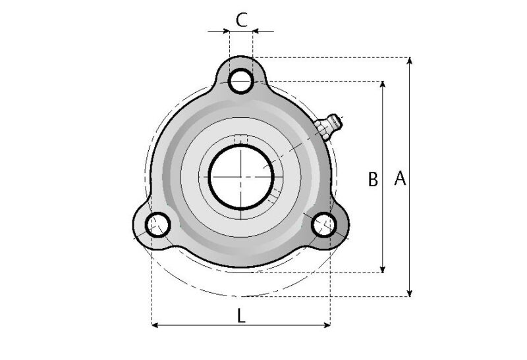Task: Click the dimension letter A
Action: pos(399,178)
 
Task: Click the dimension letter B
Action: pos(372,179)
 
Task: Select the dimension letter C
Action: pos(241,19)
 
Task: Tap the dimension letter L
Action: pos(241,316)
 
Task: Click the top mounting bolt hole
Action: pos(241,82)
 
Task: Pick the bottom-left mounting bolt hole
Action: pos(158,225)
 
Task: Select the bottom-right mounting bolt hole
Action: pos(323,225)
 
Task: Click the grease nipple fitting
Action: pos(328,125)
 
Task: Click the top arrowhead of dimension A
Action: pos(410,61)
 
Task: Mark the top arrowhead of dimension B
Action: pos(383,85)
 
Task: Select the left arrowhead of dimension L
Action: pos(155,324)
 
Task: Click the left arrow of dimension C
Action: pos(224,30)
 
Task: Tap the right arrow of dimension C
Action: pos(258,30)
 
